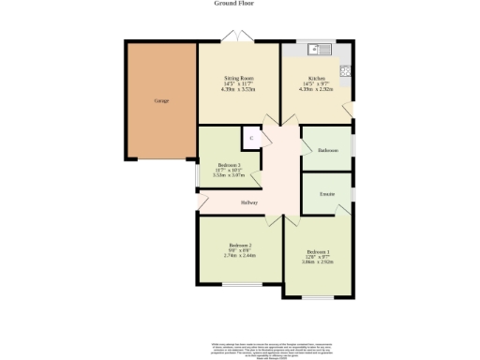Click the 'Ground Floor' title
(x=239, y=4)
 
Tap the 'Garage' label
(x=161, y=99)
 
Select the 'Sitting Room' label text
(x=239, y=78)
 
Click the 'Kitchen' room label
(x=316, y=78)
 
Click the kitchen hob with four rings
(x=345, y=68)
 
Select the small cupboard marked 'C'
(x=250, y=138)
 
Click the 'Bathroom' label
(x=327, y=150)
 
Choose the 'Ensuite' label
(x=327, y=194)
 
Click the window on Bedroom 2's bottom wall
(x=234, y=294)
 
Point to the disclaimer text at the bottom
(x=239, y=349)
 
